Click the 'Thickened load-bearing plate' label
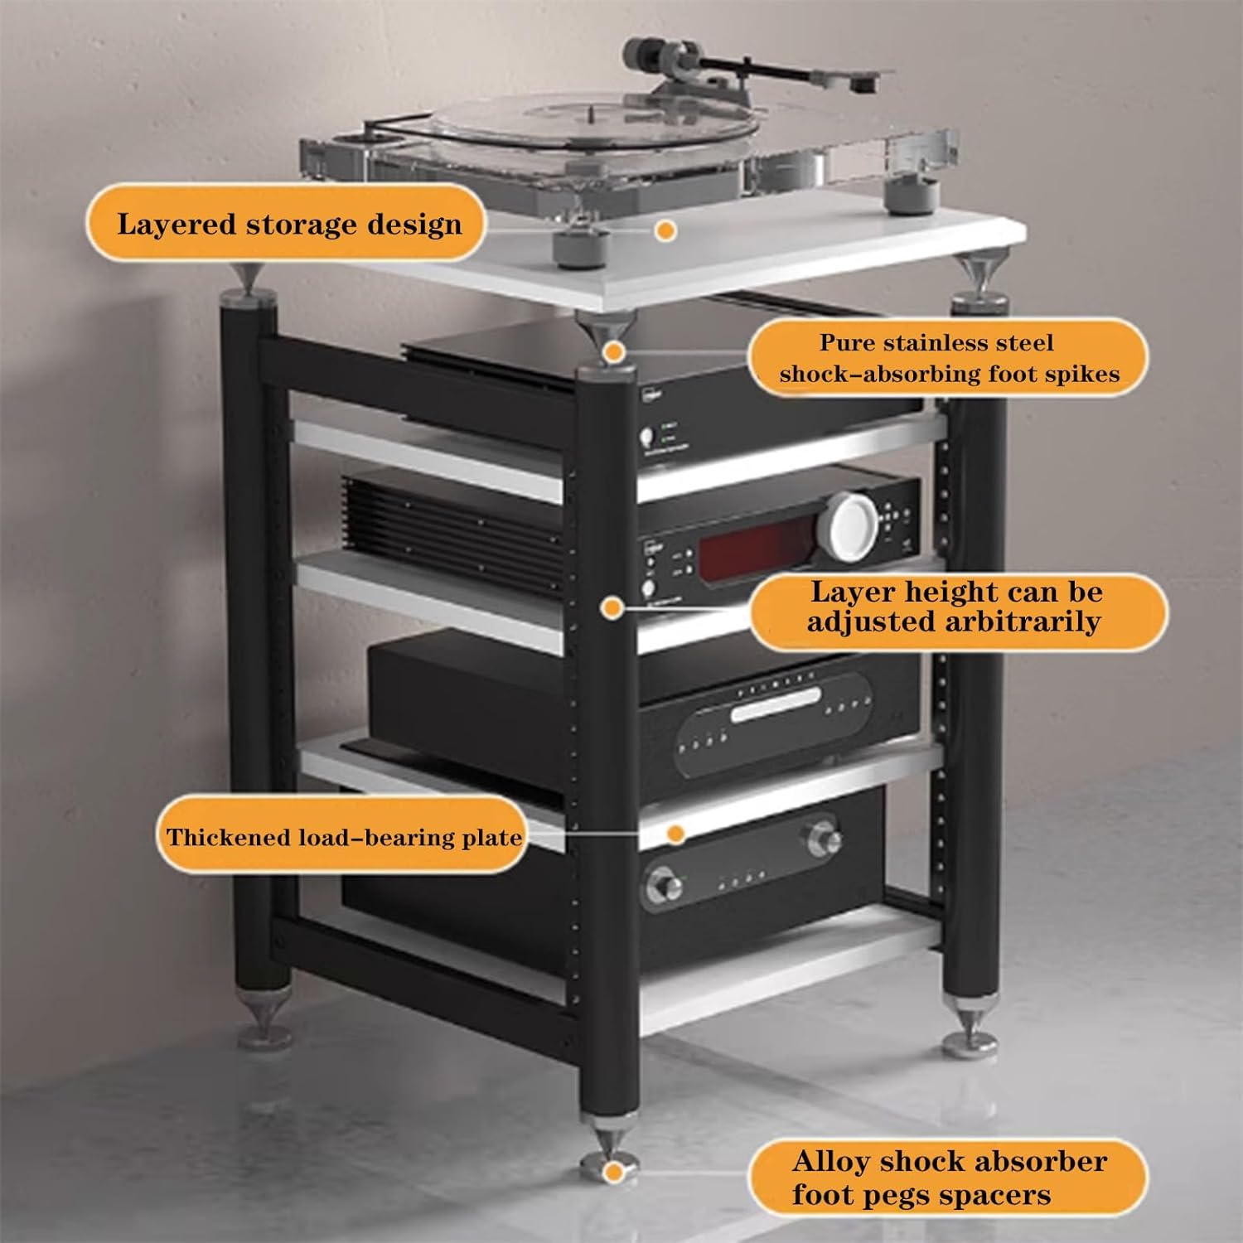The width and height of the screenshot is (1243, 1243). [x=342, y=837]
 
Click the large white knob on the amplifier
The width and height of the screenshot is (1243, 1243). [x=848, y=526]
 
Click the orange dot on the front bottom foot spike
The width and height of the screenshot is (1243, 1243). [x=613, y=1172]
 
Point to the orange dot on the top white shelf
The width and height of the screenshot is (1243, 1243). [x=665, y=231]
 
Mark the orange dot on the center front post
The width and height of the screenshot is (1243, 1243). [x=612, y=608]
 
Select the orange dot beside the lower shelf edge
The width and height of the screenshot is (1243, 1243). [x=675, y=834]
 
